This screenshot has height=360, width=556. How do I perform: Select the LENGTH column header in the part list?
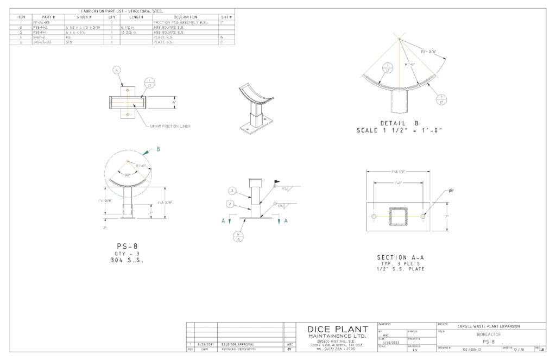137,17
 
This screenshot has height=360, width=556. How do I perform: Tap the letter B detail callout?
158,149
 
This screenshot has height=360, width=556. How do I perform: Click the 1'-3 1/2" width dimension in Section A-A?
399,171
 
